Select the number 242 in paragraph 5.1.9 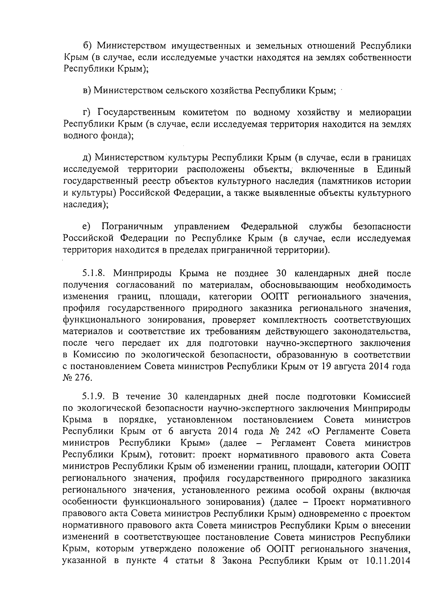[x=291, y=431]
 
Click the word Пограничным [x=132, y=227]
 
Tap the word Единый [x=396, y=169]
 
